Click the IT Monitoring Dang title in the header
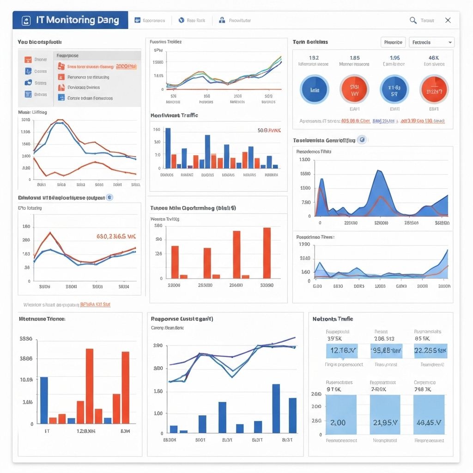[x=77, y=20]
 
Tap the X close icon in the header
[x=448, y=20]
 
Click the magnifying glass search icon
[x=413, y=20]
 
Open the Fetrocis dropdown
[x=430, y=42]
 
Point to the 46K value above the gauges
[x=434, y=58]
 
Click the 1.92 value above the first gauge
[x=314, y=58]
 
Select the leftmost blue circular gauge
[x=315, y=89]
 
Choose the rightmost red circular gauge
[x=434, y=89]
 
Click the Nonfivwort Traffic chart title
[x=174, y=115]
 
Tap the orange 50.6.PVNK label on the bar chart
[x=269, y=131]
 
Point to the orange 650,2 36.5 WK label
[x=116, y=236]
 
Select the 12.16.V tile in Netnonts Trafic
[x=341, y=351]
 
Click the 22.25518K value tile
[x=430, y=351]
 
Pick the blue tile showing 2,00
[x=341, y=414]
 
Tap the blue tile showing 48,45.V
[x=429, y=414]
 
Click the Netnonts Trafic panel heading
[x=333, y=319]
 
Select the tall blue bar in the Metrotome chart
[x=44, y=400]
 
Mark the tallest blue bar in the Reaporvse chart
[x=276, y=408]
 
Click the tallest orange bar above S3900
[x=267, y=253]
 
